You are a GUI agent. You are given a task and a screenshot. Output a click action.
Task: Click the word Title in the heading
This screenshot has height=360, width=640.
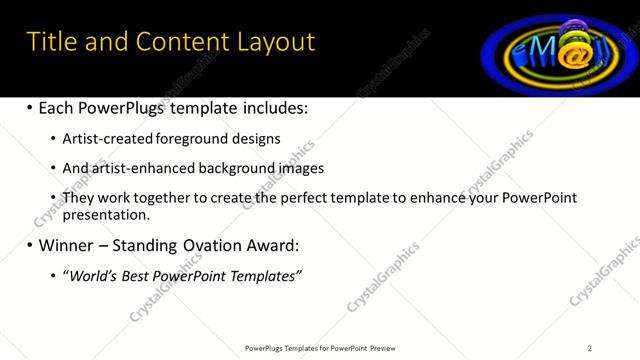[x=51, y=42]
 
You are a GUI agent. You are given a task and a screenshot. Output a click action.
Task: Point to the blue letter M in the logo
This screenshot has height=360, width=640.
[x=533, y=50]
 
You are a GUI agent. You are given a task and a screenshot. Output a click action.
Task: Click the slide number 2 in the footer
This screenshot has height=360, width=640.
[x=590, y=348]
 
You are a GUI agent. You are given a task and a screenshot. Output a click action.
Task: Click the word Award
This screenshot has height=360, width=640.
[x=270, y=245]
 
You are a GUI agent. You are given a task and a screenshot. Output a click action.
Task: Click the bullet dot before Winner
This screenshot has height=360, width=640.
[x=29, y=245]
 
